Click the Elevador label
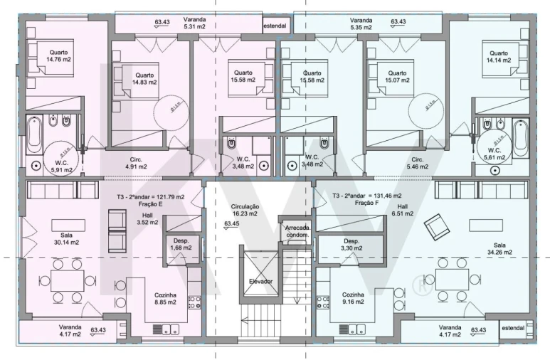[x=260, y=282]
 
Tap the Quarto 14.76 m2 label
[x=59, y=55]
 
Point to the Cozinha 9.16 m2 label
[x=354, y=298]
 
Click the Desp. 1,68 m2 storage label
[x=181, y=245]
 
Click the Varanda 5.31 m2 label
[x=195, y=23]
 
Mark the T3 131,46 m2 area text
[x=367, y=196]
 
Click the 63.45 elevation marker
[x=231, y=224]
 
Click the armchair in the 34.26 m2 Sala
[x=435, y=228]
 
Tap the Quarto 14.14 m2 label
[x=498, y=56]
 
